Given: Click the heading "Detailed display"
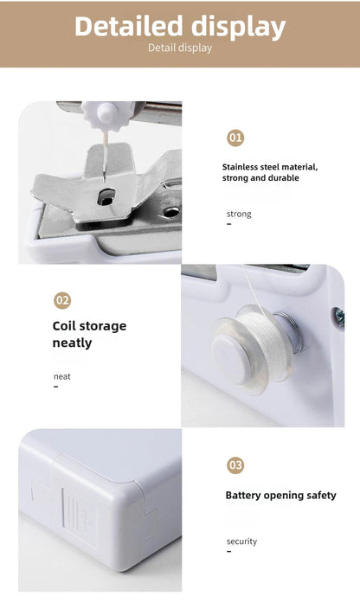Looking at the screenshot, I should tap(180, 26).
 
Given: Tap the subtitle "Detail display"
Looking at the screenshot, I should tap(180, 48).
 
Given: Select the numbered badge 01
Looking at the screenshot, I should tap(235, 138).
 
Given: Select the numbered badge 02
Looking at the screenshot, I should tap(62, 300).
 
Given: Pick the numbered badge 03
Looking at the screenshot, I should tap(235, 465).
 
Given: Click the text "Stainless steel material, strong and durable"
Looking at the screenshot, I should tap(270, 172).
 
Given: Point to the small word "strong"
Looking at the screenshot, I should tap(239, 214).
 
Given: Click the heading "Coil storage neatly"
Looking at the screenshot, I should tap(89, 334).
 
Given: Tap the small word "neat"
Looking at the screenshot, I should tap(62, 376).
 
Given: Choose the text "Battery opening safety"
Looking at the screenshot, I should tap(280, 496).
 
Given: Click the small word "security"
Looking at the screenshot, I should tap(241, 542).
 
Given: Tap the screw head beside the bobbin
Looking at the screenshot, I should tap(339, 317).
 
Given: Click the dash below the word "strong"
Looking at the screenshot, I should tap(228, 223).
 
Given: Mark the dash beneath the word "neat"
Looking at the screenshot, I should tap(56, 387).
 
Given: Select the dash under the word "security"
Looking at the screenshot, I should tap(228, 551).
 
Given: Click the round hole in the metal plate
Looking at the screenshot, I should tap(172, 210).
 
